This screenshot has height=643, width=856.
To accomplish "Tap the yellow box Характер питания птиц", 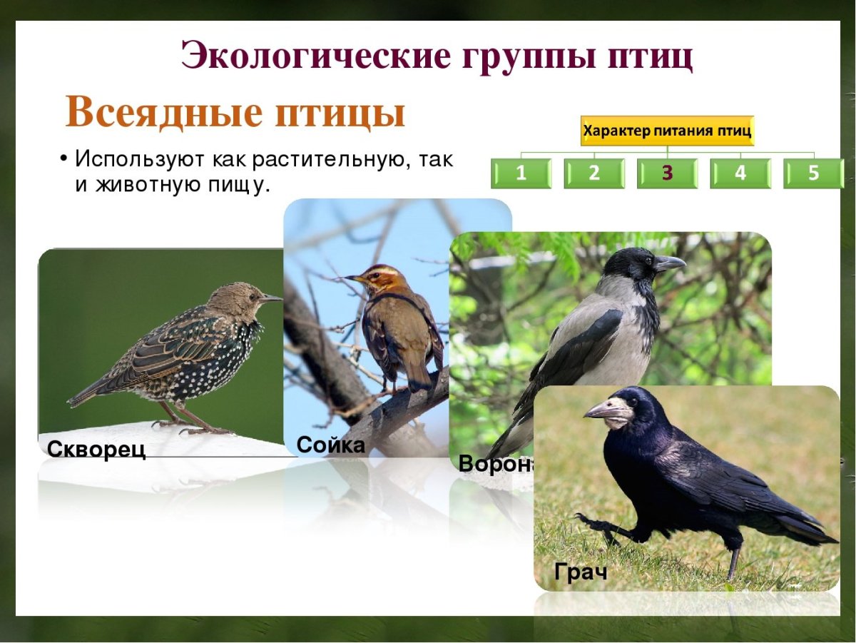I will pos(667,131).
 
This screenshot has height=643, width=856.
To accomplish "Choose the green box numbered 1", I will pos(521,173).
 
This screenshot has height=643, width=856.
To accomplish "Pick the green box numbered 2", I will pos(594,173).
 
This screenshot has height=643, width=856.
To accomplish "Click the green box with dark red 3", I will pos(667,173).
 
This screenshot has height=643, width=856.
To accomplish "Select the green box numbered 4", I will pos(740,173).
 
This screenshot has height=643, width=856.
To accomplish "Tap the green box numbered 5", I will pos(813,173).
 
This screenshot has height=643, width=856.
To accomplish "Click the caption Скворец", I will pos(96,449).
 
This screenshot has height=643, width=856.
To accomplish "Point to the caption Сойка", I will pos(330,445).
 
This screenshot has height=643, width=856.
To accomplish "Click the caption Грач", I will pos(580,572).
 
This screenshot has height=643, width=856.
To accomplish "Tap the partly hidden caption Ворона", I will pos(496,463).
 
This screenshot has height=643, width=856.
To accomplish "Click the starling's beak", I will pos(271,298).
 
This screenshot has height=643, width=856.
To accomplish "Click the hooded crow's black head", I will pos(631,264).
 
